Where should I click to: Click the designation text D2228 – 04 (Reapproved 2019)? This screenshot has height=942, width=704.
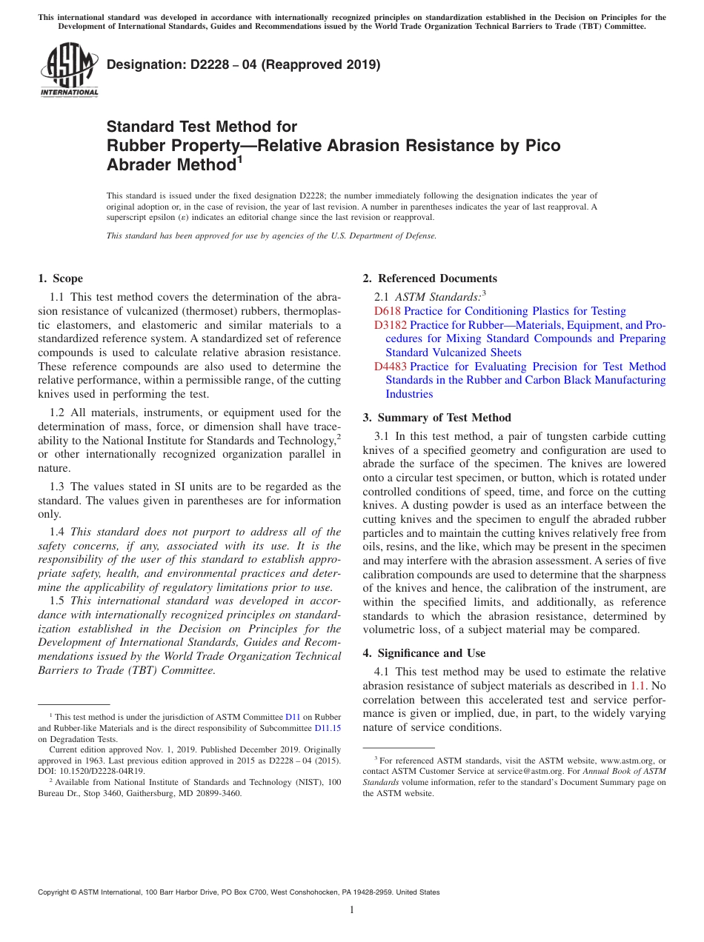click(x=243, y=64)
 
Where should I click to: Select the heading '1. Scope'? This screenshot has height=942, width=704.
click(x=60, y=278)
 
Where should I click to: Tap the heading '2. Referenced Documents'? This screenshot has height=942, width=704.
click(x=430, y=278)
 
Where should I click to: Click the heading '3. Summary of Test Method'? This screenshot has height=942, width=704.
click(x=436, y=418)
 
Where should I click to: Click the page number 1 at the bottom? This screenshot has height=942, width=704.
click(x=352, y=909)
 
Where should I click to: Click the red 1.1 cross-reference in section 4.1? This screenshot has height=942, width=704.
click(x=637, y=686)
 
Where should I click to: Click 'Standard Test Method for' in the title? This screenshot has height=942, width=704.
click(x=202, y=127)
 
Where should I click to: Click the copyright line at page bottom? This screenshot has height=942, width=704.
click(x=238, y=892)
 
